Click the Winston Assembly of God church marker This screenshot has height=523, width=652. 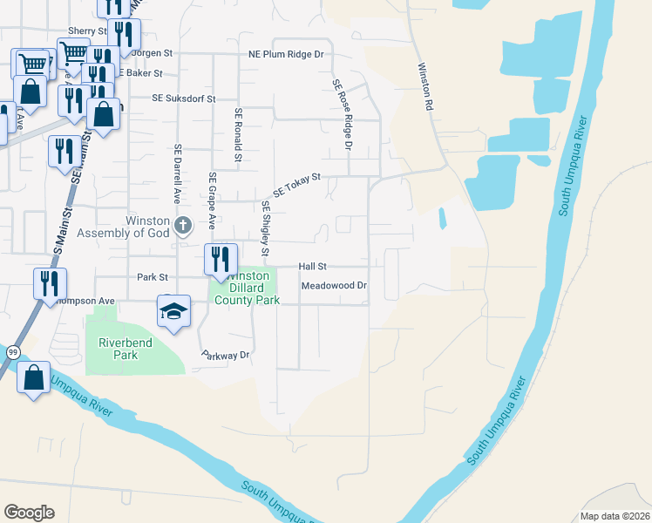click(182, 227)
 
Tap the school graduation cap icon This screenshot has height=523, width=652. click(173, 311)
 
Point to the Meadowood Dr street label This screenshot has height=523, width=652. click(335, 286)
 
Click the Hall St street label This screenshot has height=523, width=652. click(312, 267)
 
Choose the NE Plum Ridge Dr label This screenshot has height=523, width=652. click(286, 54)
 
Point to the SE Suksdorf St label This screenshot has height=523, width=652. click(183, 99)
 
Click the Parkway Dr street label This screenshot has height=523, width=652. click(226, 356)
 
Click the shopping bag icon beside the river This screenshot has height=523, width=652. click(33, 378)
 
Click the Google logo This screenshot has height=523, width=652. click(29, 513)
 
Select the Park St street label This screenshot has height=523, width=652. click(151, 277)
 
